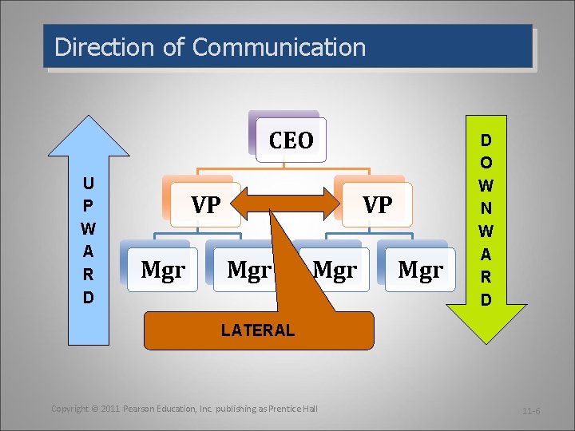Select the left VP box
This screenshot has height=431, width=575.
[205, 205]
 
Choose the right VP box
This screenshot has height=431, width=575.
[377, 205]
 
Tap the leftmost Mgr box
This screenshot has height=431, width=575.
[163, 271]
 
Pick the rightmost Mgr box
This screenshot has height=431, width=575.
[420, 271]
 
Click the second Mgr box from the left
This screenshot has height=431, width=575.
[248, 271]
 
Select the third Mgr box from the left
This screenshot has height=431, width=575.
[335, 271]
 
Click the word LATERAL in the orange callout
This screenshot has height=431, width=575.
[258, 330]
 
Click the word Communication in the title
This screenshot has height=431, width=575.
[280, 47]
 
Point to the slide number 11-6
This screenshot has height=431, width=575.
[531, 411]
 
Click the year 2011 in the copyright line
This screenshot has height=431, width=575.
[110, 409]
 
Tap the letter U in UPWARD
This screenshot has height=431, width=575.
[88, 183]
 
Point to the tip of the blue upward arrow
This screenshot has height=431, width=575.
[88, 120]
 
